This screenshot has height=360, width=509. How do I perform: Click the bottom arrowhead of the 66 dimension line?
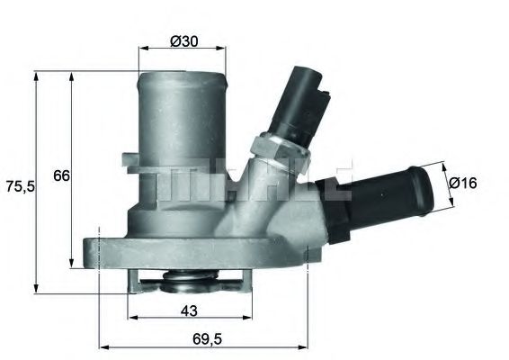tap(72, 267)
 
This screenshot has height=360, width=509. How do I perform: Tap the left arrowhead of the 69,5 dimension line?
tap(101, 346)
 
